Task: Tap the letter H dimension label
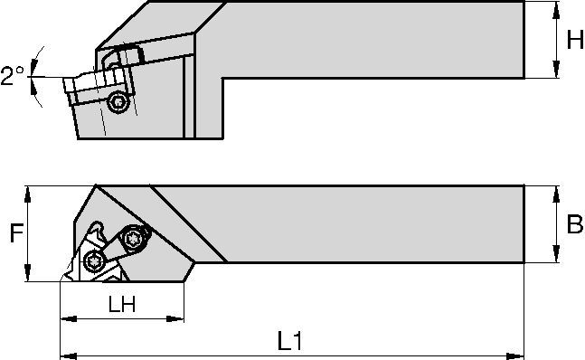pyautogui.click(x=574, y=40)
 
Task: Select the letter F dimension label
pyautogui.click(x=14, y=234)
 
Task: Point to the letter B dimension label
pyautogui.click(x=573, y=225)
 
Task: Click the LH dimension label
pyautogui.click(x=122, y=306)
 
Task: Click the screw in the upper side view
pyautogui.click(x=118, y=103)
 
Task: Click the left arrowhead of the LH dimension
pyautogui.click(x=65, y=319)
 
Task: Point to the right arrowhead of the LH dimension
pyautogui.click(x=180, y=319)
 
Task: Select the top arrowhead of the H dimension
pyautogui.click(x=553, y=7)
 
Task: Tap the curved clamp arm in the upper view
pyautogui.click(x=122, y=57)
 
